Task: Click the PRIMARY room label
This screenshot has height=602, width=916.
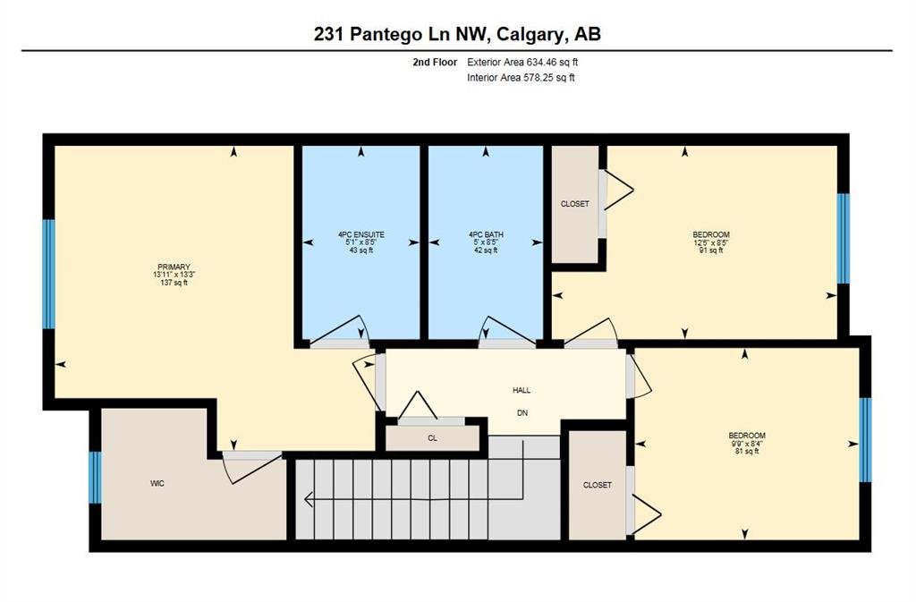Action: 174,267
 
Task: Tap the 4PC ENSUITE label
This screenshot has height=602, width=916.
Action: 361,234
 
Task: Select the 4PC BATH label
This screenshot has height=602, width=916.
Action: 486,234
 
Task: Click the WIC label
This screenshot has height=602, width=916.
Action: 157,483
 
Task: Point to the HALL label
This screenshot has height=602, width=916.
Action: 522,390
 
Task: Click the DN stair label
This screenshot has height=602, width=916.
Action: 522,413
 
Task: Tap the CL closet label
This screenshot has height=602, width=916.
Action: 432,438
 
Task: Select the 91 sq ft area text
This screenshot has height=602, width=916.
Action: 711,250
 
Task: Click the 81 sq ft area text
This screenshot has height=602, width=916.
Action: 747,451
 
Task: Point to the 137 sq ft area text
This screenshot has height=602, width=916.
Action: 174,283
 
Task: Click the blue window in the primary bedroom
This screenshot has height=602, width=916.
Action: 49,275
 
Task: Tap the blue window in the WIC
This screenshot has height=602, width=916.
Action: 95,478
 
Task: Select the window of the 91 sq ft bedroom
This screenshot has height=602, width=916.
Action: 843,238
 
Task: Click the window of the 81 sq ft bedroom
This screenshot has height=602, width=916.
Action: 865,440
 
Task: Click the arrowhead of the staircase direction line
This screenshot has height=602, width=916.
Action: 309,500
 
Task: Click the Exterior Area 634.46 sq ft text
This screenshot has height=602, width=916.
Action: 522,62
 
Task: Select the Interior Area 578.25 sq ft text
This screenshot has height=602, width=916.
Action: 521,78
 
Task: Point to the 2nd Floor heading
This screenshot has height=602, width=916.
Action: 435,62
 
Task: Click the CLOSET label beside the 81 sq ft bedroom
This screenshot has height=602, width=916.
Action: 597,485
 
